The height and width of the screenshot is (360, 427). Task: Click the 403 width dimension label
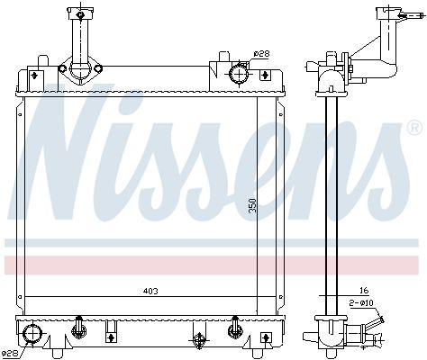(150, 291)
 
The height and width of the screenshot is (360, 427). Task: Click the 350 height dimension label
(253, 205)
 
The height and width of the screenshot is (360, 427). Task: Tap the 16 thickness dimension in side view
(364, 291)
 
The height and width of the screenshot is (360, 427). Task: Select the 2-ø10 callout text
(361, 303)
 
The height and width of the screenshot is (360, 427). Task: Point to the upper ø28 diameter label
(261, 54)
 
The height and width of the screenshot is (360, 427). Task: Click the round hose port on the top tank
(240, 73)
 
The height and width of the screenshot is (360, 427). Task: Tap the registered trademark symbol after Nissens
(416, 127)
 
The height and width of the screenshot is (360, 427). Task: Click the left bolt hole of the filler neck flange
(62, 68)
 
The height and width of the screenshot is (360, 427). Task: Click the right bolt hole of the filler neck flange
(98, 68)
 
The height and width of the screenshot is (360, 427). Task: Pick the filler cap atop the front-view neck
(80, 14)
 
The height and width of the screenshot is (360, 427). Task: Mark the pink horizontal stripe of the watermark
(212, 265)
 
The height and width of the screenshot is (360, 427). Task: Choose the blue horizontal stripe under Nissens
(212, 243)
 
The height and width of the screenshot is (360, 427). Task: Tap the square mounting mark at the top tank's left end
(34, 76)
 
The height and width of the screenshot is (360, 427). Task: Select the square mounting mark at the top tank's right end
(264, 75)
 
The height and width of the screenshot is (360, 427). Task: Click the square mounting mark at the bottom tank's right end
(266, 337)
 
